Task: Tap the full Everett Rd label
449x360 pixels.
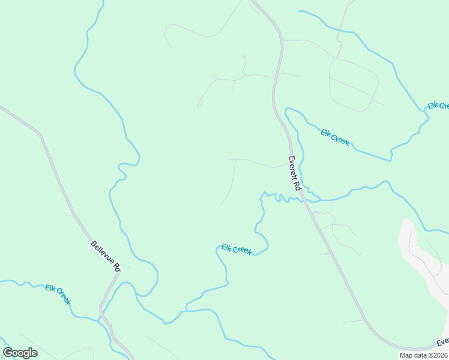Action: pos(294,173)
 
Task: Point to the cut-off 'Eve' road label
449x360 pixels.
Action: pos(443,342)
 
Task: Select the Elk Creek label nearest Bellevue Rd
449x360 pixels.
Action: pos(58,294)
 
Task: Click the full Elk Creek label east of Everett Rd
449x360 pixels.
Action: pos(335,137)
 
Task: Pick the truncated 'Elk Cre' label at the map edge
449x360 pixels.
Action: pos(438,106)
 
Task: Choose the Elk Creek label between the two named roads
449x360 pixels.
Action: pos(237,249)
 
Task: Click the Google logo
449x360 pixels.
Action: pos(20,353)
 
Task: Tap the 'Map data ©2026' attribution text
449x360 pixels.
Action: pos(423,355)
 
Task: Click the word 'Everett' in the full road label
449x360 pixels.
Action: pos(292,168)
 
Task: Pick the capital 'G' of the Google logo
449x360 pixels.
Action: pos(8,353)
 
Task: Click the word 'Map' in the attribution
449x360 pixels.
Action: pos(406,355)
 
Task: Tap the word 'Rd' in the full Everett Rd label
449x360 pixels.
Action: pos(297,185)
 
